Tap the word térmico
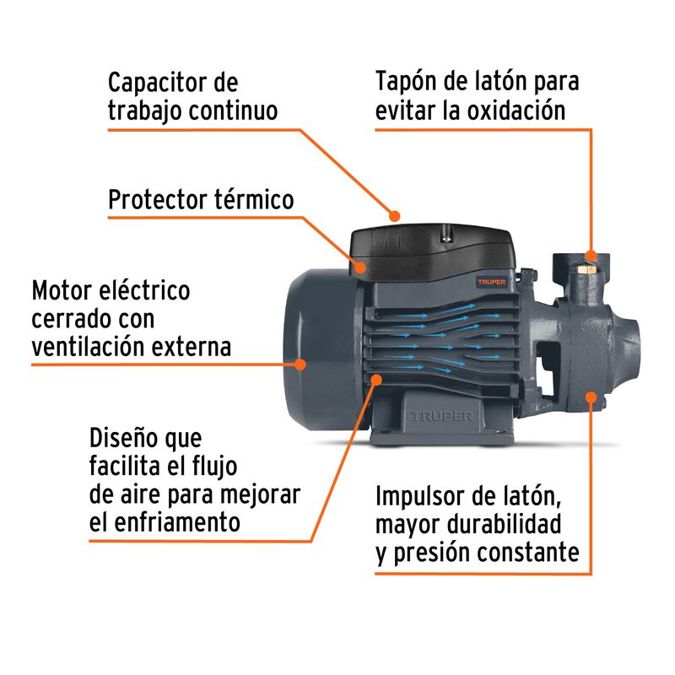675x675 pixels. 254,200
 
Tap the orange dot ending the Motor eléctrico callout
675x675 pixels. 299,364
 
